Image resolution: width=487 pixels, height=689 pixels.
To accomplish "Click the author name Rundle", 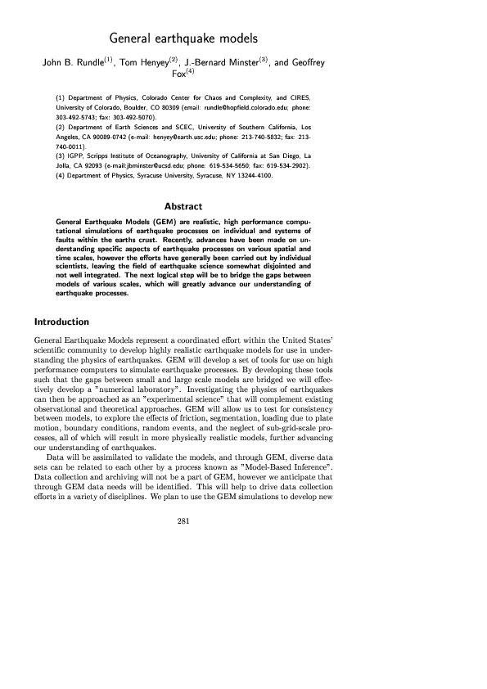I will (97, 61).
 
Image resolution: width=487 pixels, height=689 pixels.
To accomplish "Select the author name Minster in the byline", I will (238, 61).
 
